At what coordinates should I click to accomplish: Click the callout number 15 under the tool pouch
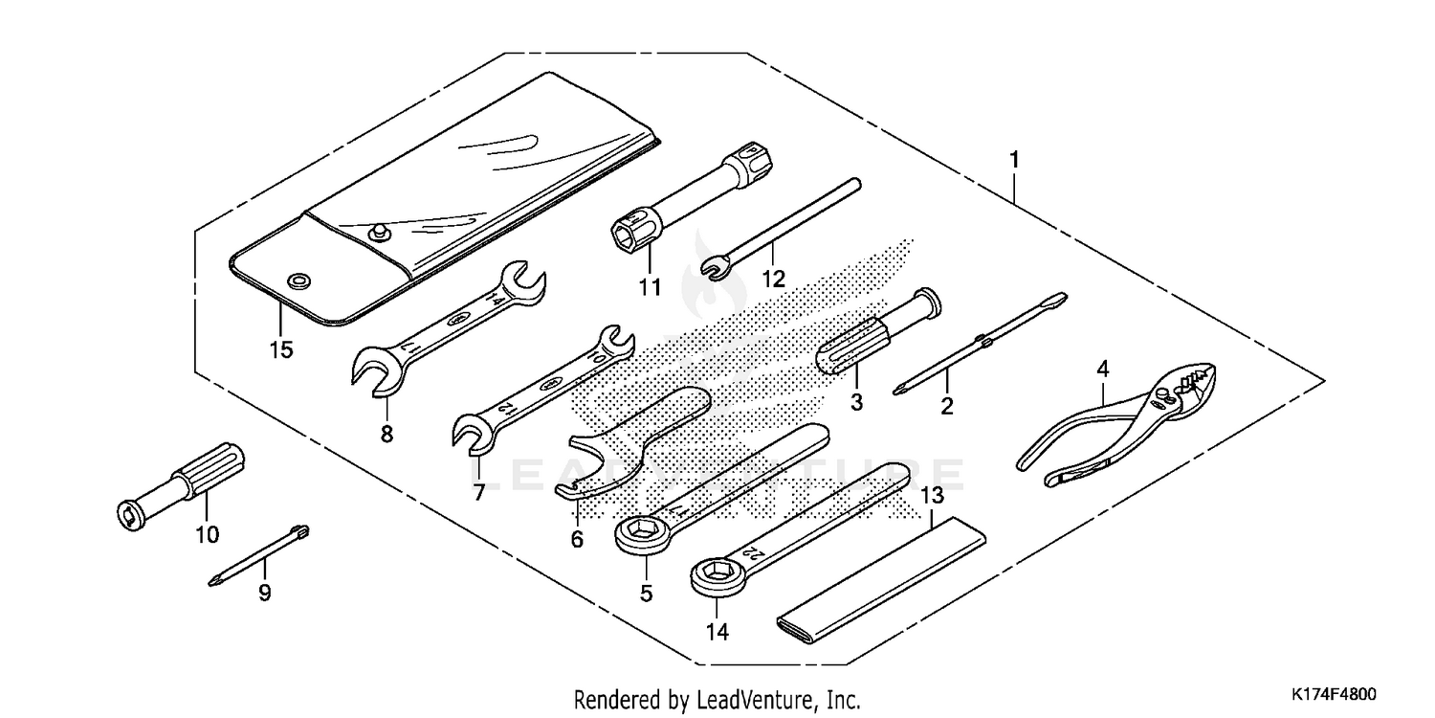pos(280,349)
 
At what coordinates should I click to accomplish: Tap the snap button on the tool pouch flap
pos(376,231)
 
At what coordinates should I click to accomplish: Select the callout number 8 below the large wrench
pos(386,434)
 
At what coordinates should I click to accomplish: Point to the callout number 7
pos(478,492)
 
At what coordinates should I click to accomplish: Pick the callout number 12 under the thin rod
pos(773,279)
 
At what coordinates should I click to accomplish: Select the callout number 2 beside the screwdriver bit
pos(946,406)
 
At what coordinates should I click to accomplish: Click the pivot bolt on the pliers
pos(1160,394)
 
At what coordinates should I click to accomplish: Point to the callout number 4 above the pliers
pos(1103,369)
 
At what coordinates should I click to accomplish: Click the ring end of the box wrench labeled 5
pos(638,532)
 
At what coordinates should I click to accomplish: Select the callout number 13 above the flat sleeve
pos(932,496)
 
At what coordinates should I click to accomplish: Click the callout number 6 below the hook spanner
pos(577,539)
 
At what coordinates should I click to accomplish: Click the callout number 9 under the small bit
pos(264,594)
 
